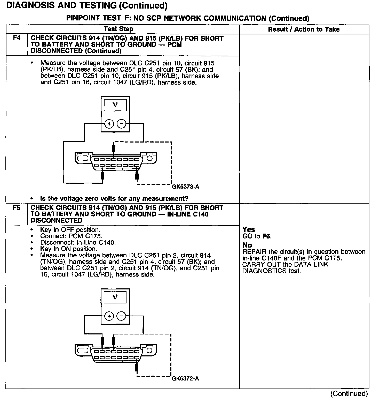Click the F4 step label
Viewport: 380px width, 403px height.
(x=17, y=38)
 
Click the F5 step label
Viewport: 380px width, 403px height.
(x=17, y=208)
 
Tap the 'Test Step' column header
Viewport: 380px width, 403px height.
(x=118, y=29)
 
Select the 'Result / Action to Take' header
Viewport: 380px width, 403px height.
(x=304, y=29)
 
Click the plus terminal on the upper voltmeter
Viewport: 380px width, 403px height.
(x=109, y=124)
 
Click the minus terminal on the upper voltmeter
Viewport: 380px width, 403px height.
(x=121, y=124)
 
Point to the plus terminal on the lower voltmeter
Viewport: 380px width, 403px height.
(x=109, y=316)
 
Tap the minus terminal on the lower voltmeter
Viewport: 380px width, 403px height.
(x=121, y=316)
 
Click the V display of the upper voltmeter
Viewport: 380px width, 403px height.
(x=115, y=105)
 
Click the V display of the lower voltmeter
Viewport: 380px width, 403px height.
(x=115, y=297)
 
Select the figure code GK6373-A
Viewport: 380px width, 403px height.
(x=186, y=187)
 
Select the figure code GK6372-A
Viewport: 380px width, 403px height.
(x=185, y=379)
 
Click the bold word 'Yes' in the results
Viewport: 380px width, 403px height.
(x=249, y=229)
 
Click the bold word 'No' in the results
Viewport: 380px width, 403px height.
(x=247, y=245)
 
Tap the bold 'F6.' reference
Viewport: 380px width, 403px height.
(x=267, y=236)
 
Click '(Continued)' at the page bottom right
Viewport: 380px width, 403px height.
(x=349, y=393)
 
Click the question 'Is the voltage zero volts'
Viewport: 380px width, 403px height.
(x=114, y=199)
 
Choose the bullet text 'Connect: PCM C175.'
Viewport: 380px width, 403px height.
(x=71, y=236)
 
